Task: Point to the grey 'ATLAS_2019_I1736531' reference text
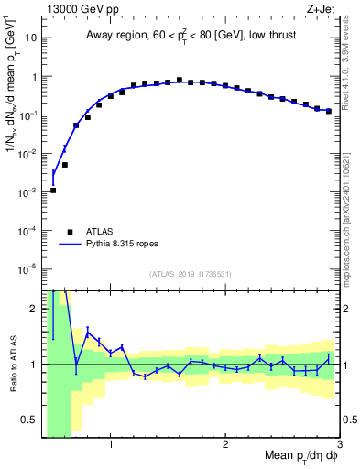pyautogui.click(x=191, y=275)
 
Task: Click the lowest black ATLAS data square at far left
pyautogui.click(x=53, y=191)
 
